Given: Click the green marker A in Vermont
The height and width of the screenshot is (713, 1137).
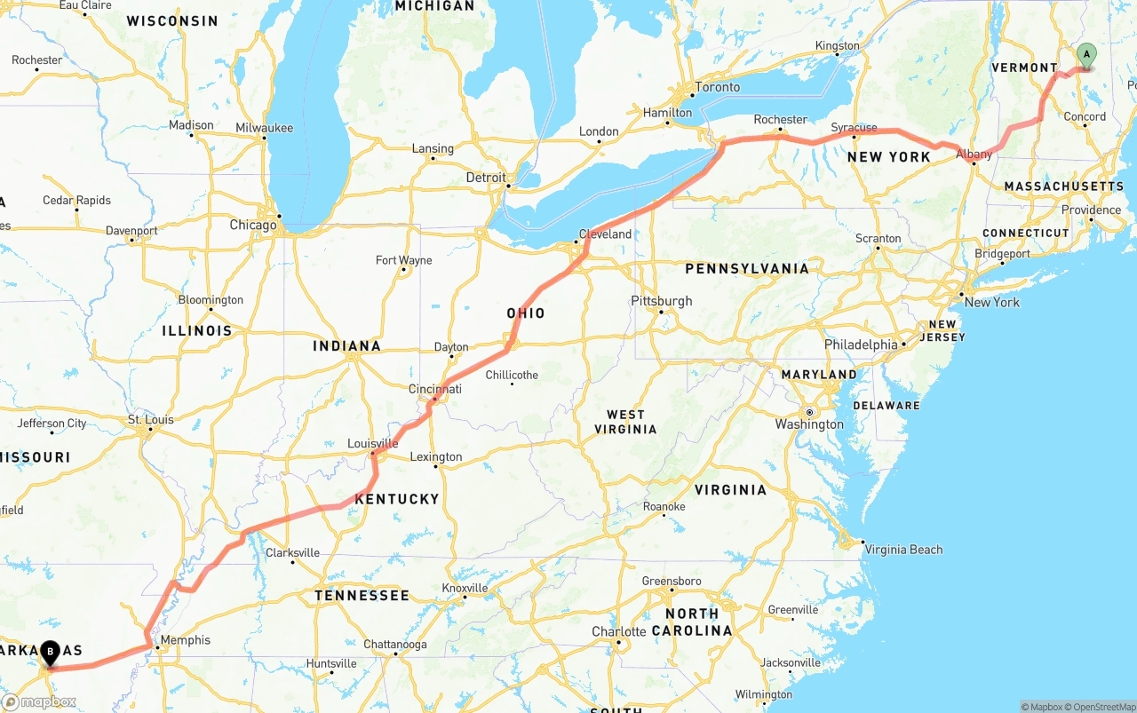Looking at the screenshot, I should pyautogui.click(x=1085, y=56).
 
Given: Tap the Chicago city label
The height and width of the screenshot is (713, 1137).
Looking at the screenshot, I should pyautogui.click(x=253, y=225).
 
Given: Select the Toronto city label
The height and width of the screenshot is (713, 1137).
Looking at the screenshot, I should pyautogui.click(x=718, y=87).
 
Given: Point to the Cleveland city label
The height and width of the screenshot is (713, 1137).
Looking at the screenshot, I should pyautogui.click(x=605, y=234).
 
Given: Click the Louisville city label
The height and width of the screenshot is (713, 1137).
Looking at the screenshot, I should pyautogui.click(x=372, y=443).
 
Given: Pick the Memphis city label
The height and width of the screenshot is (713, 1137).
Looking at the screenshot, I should pyautogui.click(x=186, y=640).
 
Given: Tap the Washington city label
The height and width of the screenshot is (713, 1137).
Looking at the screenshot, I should pyautogui.click(x=809, y=424).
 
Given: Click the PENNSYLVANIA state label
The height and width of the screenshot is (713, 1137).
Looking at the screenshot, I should pyautogui.click(x=747, y=268).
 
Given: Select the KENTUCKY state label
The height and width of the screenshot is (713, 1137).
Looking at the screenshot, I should pyautogui.click(x=397, y=499).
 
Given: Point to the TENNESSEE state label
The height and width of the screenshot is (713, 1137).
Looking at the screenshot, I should pyautogui.click(x=362, y=595).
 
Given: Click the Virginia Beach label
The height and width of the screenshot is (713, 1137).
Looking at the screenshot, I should pyautogui.click(x=903, y=550).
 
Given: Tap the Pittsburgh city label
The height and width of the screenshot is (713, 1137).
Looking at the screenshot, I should pyautogui.click(x=661, y=301).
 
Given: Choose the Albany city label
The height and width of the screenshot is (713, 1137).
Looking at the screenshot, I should pyautogui.click(x=974, y=154).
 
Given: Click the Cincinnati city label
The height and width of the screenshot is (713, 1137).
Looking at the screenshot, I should pyautogui.click(x=435, y=389).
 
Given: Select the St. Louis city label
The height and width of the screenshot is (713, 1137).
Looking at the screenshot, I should pyautogui.click(x=151, y=419).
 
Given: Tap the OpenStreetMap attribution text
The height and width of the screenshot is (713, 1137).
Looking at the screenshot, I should pyautogui.click(x=1102, y=707).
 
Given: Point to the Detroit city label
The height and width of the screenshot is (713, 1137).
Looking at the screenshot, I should pyautogui.click(x=486, y=178).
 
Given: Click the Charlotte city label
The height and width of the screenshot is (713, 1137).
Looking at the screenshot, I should pyautogui.click(x=619, y=632).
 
